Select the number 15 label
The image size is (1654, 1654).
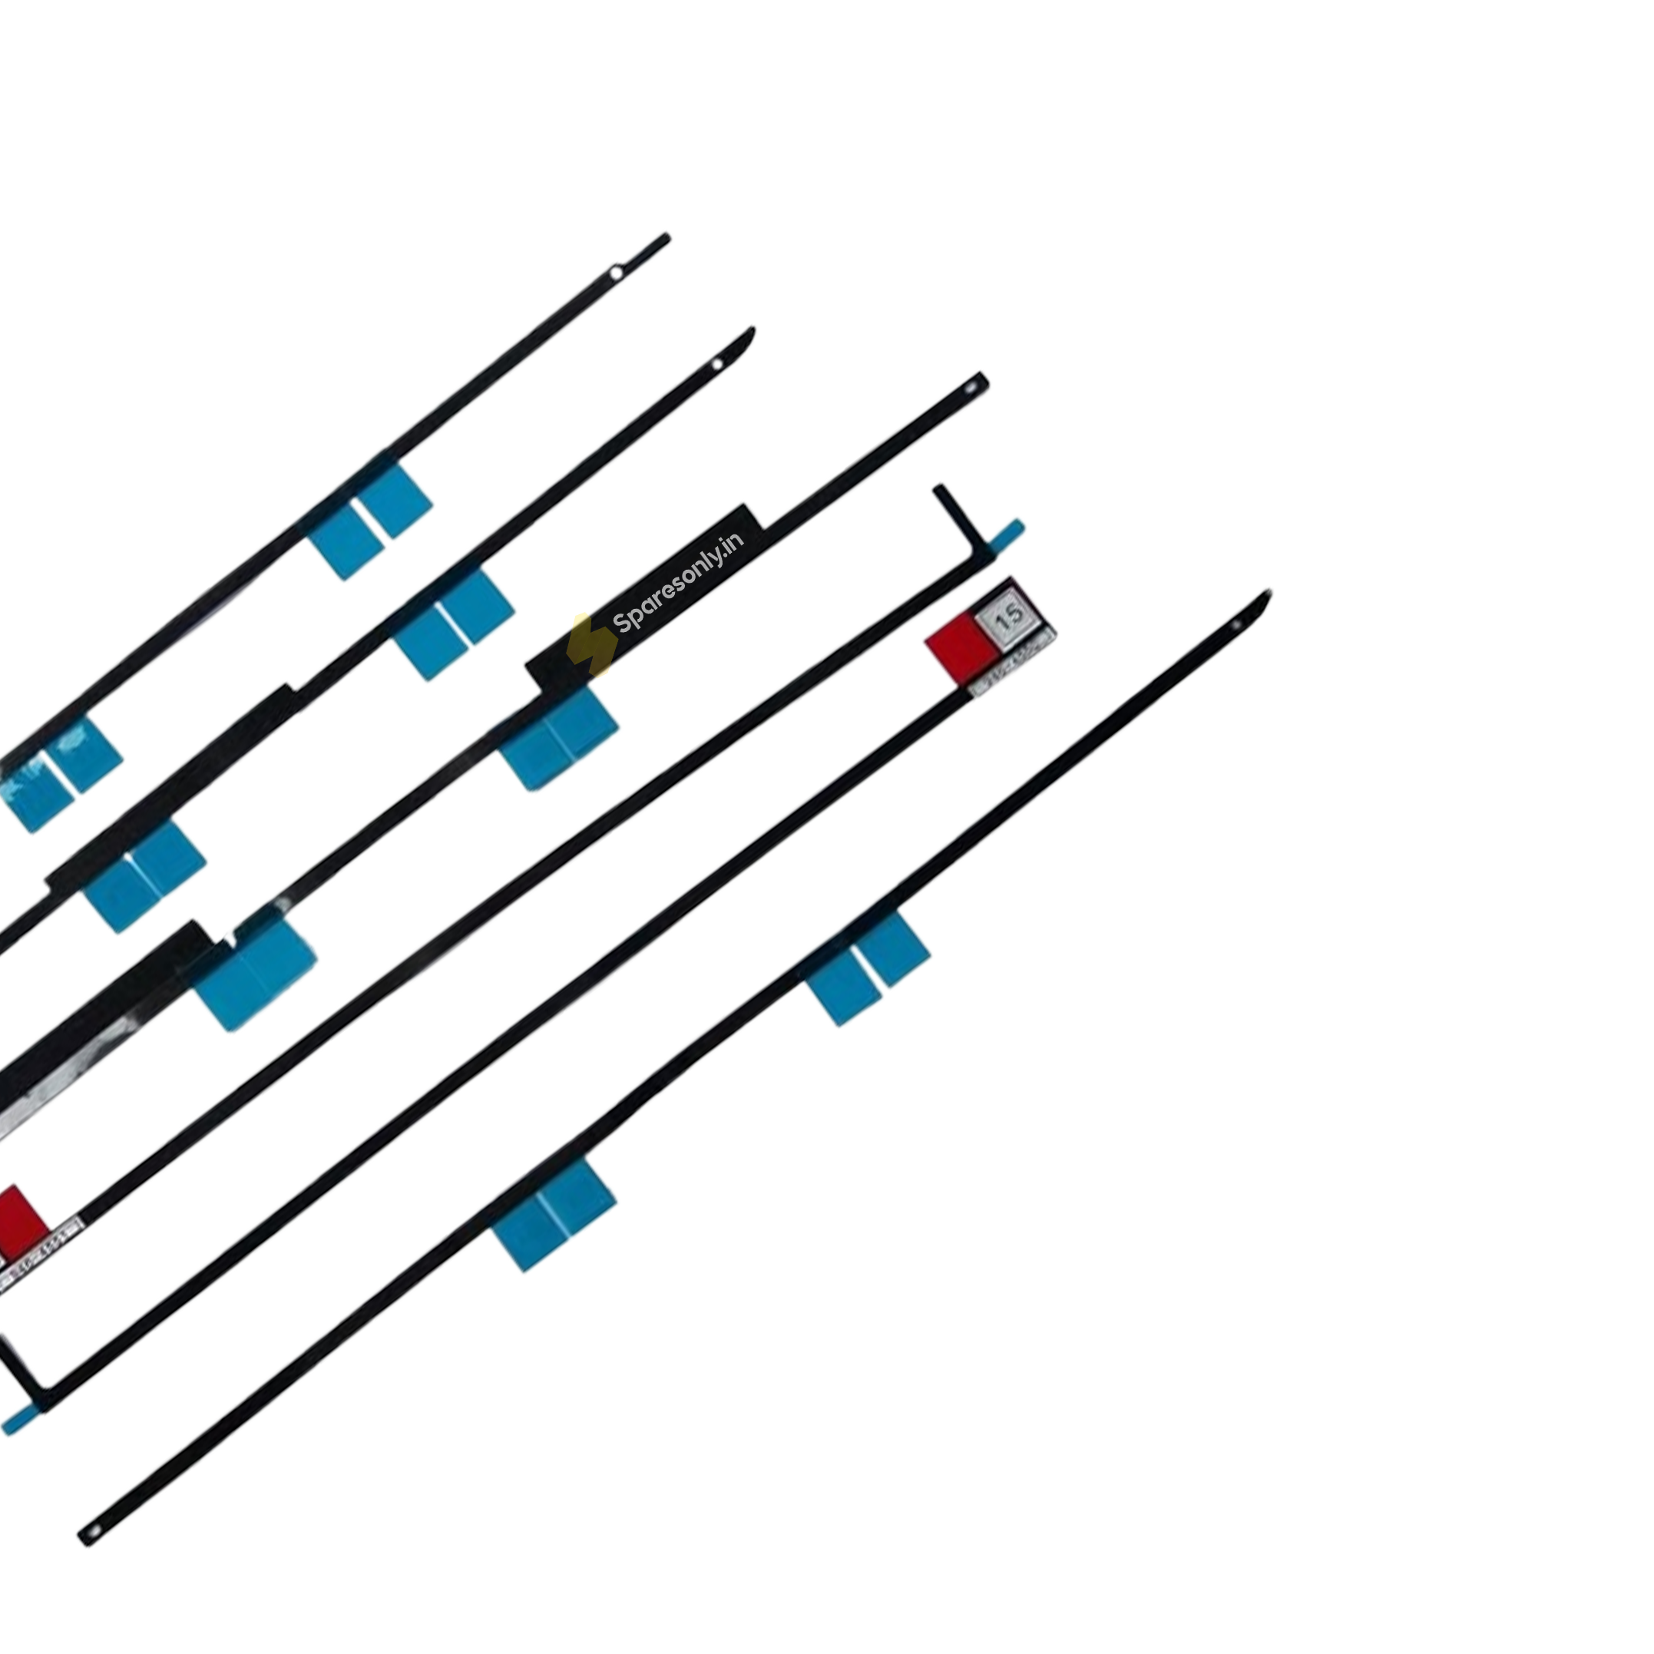pyautogui.click(x=1008, y=615)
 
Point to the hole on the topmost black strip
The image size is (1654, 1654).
pyautogui.click(x=616, y=274)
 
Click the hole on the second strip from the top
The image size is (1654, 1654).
pyautogui.click(x=717, y=366)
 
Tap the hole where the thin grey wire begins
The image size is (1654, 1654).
pyautogui.click(x=971, y=389)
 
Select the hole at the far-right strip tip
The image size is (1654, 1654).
pyautogui.click(x=1236, y=626)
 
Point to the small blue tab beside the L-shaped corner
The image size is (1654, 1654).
pyautogui.click(x=1005, y=537)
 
